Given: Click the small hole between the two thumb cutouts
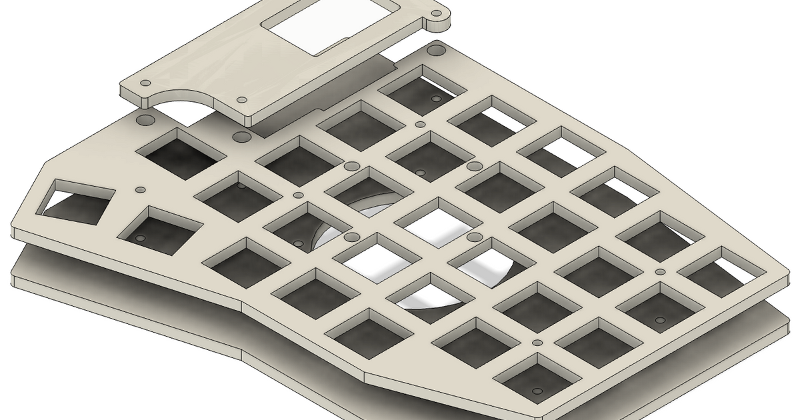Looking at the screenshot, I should (x=139, y=190).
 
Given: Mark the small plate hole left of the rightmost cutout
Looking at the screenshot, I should (x=659, y=271).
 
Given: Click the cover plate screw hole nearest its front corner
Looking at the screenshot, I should (x=239, y=99).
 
